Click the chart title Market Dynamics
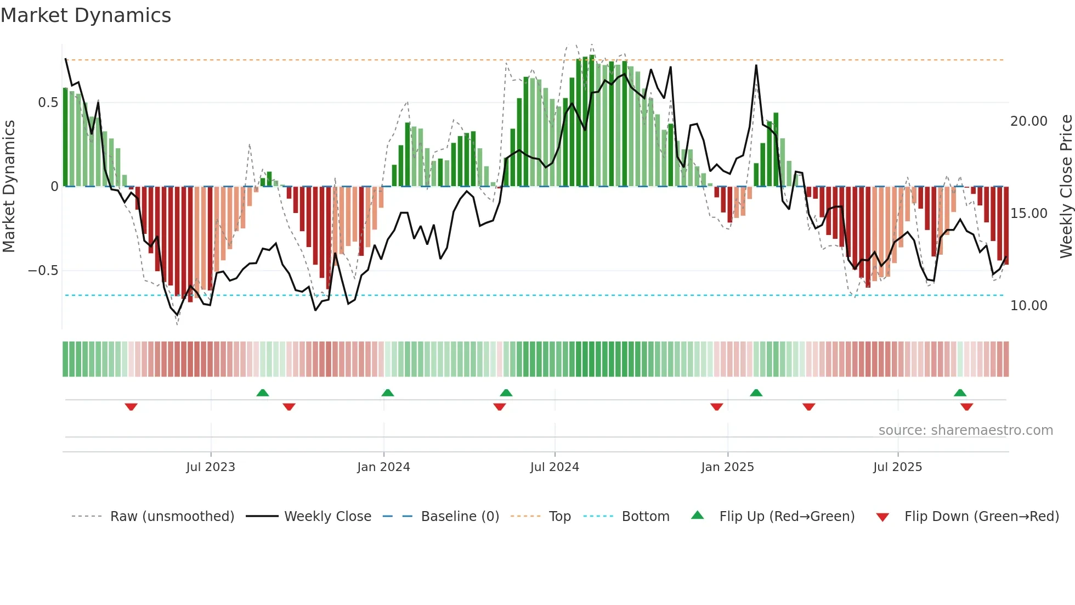coord(86,15)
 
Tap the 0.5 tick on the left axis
coord(48,103)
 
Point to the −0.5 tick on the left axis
coord(43,271)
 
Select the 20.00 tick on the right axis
coord(1028,121)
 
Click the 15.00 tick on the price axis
coord(1028,214)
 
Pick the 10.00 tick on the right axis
coord(1028,306)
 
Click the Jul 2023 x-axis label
coord(211,467)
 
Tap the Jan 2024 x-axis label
coord(383,467)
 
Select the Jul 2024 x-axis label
coord(555,467)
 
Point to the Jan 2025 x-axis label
coord(727,467)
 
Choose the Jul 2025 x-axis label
coord(898,467)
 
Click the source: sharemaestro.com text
coord(965,430)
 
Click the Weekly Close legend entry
coord(327,517)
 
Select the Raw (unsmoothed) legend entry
coord(172,517)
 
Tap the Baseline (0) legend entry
coord(460,517)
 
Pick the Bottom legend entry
coord(645,517)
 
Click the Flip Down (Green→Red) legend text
coord(981,517)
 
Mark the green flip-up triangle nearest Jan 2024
coord(388,393)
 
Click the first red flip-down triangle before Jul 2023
coord(131,407)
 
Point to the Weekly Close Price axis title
coord(1066,186)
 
